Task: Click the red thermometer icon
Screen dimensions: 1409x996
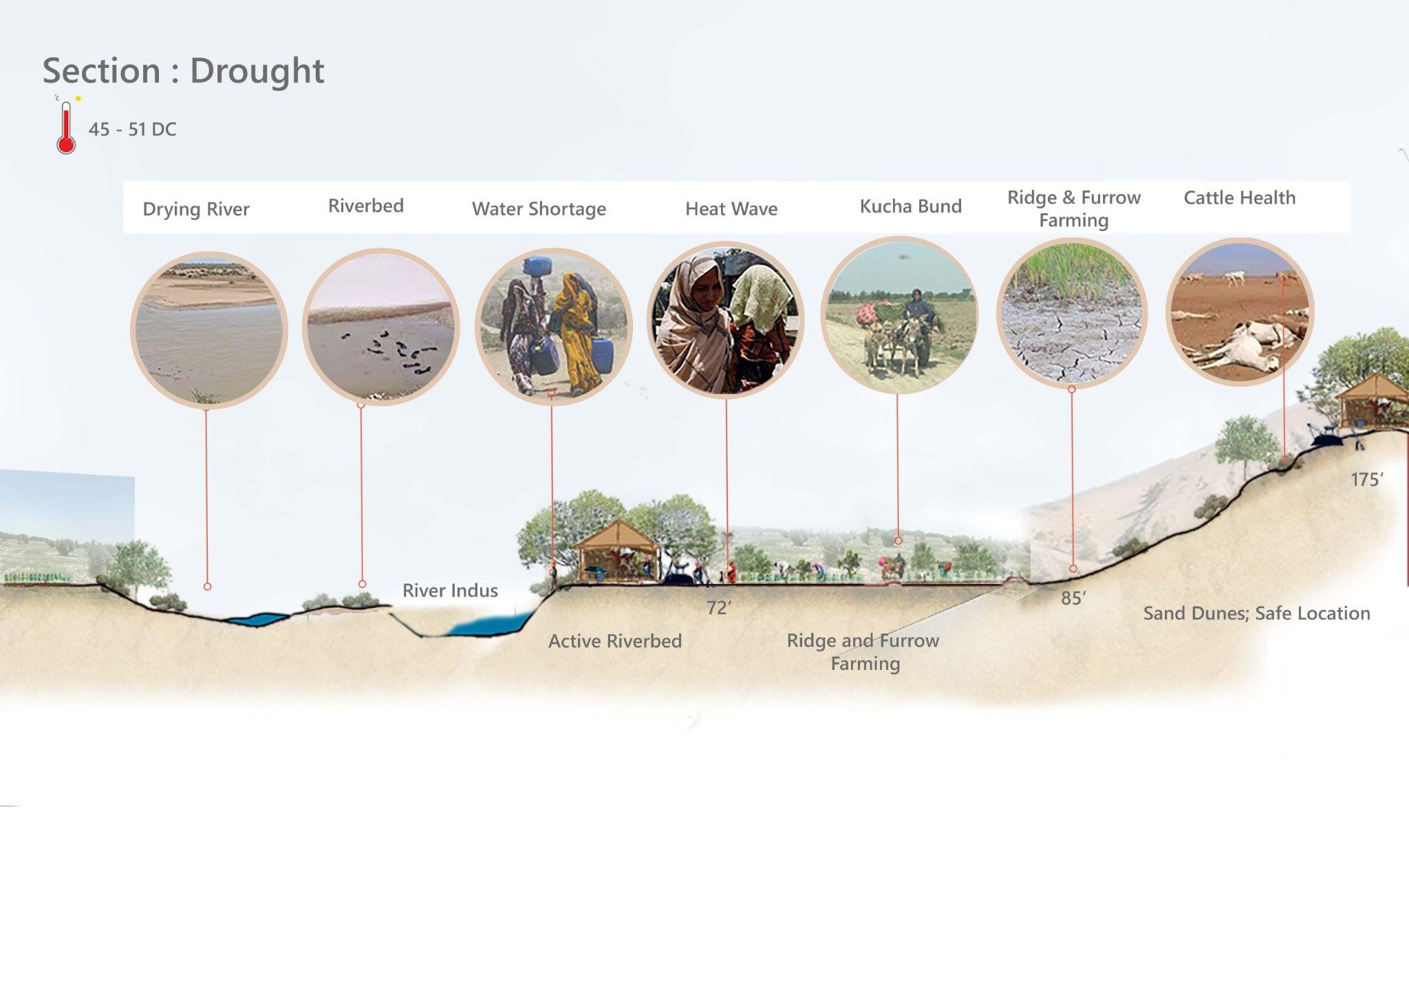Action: (66, 128)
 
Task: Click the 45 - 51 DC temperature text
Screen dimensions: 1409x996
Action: (133, 129)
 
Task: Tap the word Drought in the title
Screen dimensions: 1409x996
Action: (257, 71)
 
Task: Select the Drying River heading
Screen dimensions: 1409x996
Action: (196, 209)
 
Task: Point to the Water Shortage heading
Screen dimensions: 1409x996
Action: (539, 209)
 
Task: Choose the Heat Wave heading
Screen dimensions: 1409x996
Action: (731, 209)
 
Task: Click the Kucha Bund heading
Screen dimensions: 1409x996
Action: (911, 206)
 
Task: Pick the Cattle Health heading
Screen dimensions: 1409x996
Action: (1240, 198)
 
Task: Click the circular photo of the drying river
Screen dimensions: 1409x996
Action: (208, 330)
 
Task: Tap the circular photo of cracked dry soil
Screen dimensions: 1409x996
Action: (1072, 313)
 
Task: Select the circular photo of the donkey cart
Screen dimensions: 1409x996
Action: (899, 315)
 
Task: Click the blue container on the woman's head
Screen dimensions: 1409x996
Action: (537, 266)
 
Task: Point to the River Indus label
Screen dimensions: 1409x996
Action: (450, 591)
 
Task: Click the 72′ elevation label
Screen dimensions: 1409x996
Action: (719, 608)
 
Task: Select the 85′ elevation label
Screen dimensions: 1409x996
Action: (1073, 598)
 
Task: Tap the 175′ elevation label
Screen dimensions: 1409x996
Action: (1367, 479)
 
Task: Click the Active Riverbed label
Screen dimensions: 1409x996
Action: (615, 641)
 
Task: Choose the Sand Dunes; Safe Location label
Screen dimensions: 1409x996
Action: (1256, 614)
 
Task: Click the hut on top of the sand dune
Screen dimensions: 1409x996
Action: (1372, 401)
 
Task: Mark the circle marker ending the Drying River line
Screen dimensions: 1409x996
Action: (207, 587)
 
